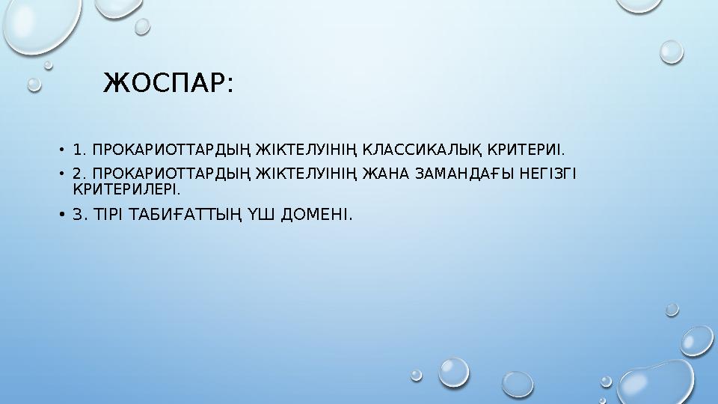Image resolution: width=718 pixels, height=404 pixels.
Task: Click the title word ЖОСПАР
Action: tap(162, 83)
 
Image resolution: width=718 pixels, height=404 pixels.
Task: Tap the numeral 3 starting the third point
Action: tap(77, 215)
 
